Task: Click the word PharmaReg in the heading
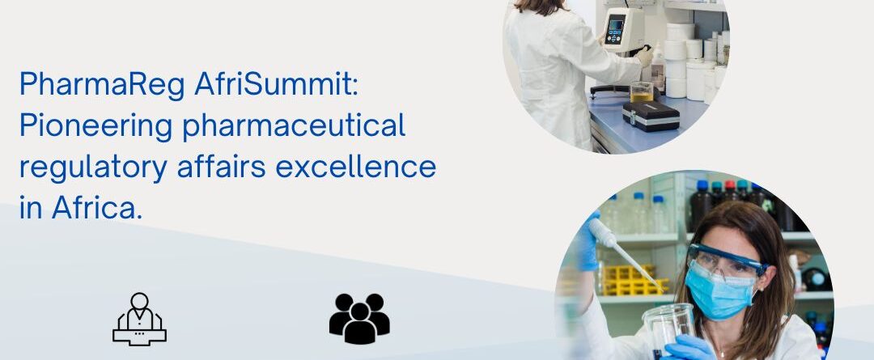tap(102, 86)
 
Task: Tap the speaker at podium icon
tap(139, 320)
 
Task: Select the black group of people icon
tap(359, 319)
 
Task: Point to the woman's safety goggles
tap(724, 260)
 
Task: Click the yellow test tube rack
tap(632, 279)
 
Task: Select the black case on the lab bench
tap(651, 116)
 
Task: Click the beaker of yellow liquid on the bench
tap(642, 92)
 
